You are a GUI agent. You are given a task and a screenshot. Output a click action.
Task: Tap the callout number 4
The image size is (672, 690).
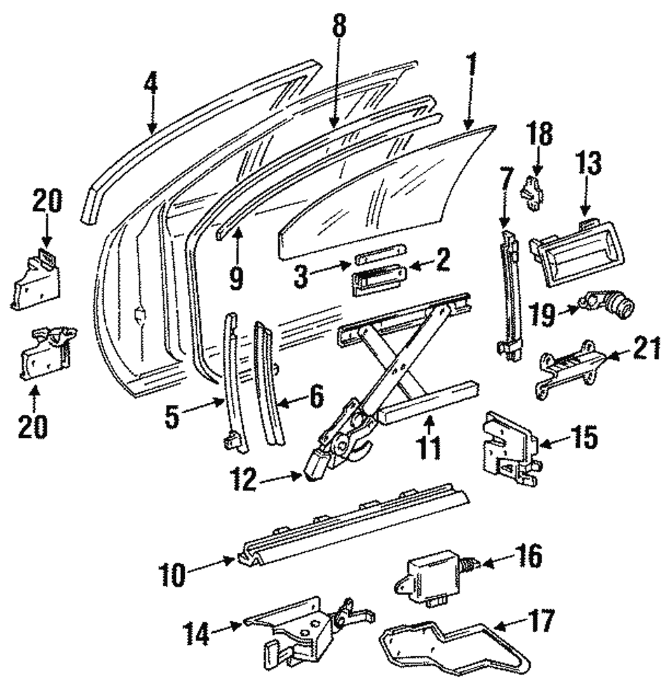click(151, 84)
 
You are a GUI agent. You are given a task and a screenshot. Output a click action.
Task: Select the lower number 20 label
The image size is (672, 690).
click(33, 427)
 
